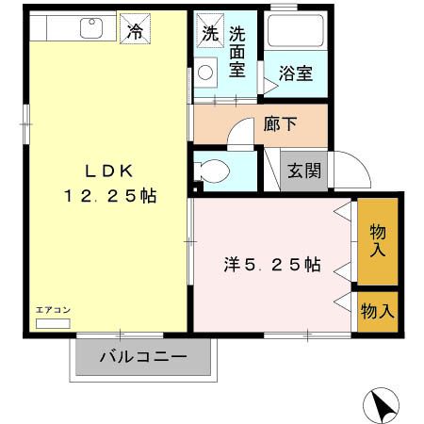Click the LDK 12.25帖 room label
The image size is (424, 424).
[x=109, y=184]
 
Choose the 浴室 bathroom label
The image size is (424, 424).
[x=295, y=73]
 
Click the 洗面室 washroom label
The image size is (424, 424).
[x=236, y=52]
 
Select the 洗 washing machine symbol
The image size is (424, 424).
[x=208, y=31]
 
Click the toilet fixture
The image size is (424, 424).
[x=212, y=171]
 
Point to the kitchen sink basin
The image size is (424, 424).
[x=91, y=29]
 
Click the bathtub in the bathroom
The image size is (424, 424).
[x=295, y=36]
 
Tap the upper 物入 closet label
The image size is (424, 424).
[x=378, y=240]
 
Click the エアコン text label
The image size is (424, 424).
[x=53, y=308]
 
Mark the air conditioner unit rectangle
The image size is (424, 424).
[x=53, y=321]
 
